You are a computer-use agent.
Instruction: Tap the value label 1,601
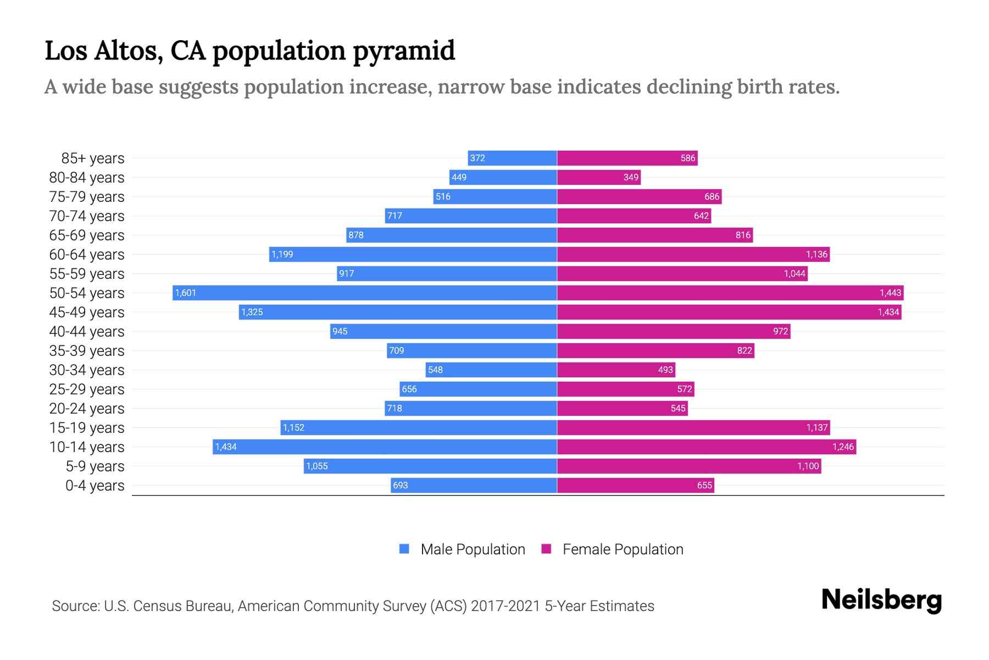click(x=186, y=293)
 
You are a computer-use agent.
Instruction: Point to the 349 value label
click(x=631, y=177)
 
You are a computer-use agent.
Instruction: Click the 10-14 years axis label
click(x=87, y=447)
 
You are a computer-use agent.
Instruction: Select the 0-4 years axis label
click(x=95, y=485)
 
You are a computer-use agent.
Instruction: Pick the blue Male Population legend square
click(x=404, y=549)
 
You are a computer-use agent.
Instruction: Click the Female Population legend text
click(x=623, y=549)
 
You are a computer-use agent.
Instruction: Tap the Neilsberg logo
click(x=881, y=600)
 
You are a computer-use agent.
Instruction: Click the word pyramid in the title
click(x=404, y=51)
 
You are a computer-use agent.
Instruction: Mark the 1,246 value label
click(x=843, y=447)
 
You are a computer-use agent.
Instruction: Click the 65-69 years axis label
click(x=87, y=235)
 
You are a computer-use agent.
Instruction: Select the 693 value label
click(x=401, y=485)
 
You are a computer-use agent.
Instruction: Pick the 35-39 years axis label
click(x=87, y=350)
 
